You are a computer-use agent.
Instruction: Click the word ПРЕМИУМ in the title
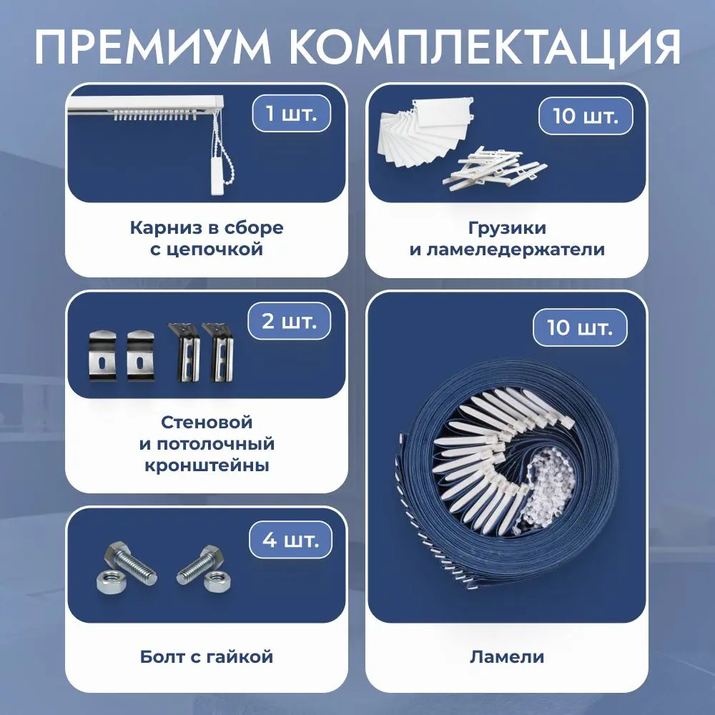tap(153, 48)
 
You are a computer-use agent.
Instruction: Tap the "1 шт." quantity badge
tap(292, 113)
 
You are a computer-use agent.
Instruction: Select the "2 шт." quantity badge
tap(289, 321)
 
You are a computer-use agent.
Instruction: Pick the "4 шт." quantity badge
tap(290, 539)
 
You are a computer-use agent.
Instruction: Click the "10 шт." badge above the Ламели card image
tap(580, 327)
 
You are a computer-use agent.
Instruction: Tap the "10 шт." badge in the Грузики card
tap(586, 116)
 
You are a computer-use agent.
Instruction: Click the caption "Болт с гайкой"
tap(207, 656)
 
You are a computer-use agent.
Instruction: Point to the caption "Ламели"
tap(507, 656)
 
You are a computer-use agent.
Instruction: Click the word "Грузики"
tap(507, 228)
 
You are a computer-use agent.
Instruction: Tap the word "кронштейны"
tap(207, 466)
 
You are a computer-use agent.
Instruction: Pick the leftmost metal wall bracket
tap(102, 355)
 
